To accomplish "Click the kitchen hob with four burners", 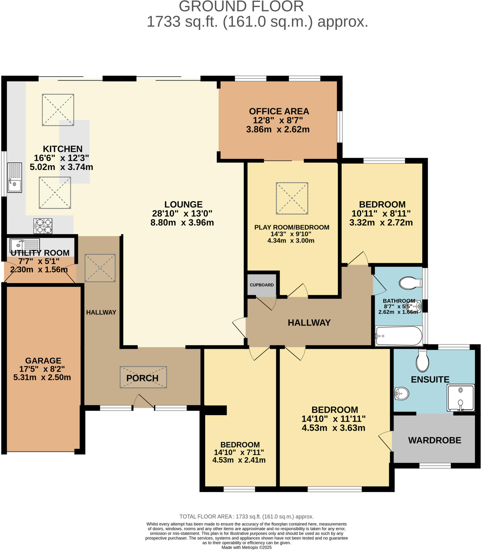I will point(43,226).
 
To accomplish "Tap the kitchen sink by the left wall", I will point(15,178).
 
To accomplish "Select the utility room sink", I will point(25,245).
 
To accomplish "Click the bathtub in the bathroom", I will point(398,336).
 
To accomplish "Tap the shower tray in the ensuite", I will point(460,398).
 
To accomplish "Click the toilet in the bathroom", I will point(410,283).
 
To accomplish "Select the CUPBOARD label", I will point(262,285).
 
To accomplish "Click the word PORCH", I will point(142,378).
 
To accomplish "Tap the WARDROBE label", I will point(434,440).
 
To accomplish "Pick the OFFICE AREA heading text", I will point(279,111).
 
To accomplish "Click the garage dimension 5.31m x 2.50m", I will point(42,377).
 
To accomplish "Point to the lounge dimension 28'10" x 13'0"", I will point(182,213).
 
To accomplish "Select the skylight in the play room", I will point(292,198).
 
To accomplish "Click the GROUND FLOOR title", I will point(241,6).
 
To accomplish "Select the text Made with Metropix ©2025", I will point(246,547).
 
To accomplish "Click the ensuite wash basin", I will point(402,394).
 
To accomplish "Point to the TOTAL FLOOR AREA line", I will point(246,517).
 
